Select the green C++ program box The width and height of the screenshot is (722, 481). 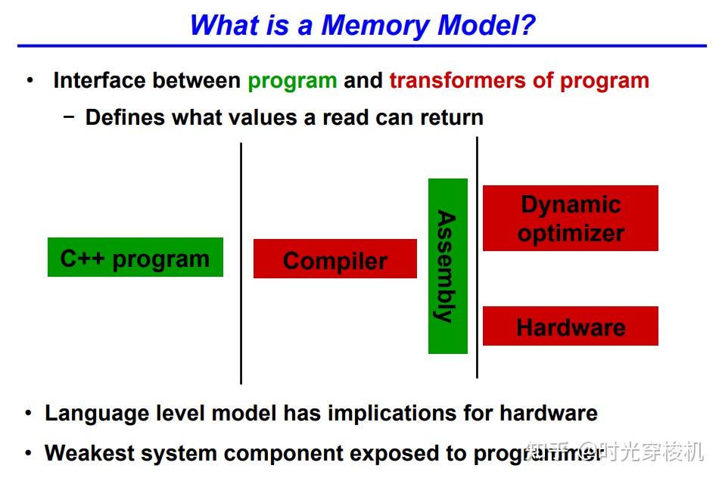pyautogui.click(x=135, y=257)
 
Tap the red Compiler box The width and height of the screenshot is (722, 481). pyautogui.click(x=335, y=259)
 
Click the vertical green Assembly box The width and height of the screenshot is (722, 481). pyautogui.click(x=447, y=266)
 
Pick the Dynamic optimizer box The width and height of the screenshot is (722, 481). pyautogui.click(x=570, y=218)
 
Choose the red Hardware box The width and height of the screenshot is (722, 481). pyautogui.click(x=570, y=326)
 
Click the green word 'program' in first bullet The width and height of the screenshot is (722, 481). pyautogui.click(x=292, y=81)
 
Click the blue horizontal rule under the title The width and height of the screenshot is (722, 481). pyautogui.click(x=362, y=46)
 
